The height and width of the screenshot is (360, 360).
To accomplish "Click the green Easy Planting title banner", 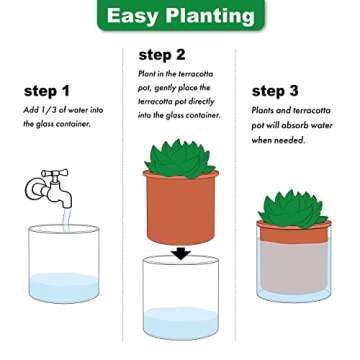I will click(x=180, y=17).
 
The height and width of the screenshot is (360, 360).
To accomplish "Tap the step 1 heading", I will click(x=47, y=90).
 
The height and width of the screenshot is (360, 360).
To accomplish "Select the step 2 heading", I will click(x=162, y=54).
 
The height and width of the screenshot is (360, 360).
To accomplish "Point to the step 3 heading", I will click(x=275, y=90).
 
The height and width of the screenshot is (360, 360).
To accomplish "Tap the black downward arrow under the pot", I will click(x=180, y=253).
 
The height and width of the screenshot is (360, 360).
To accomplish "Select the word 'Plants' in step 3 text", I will click(x=264, y=112).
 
